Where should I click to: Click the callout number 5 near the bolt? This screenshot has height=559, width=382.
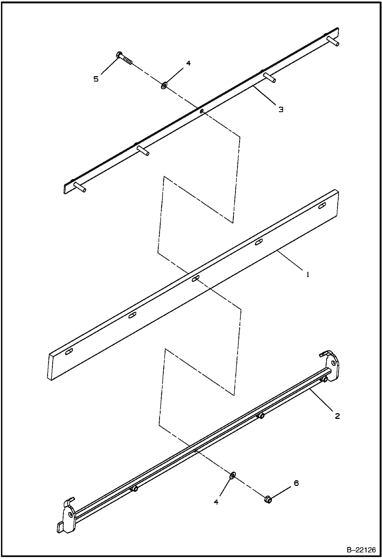96,79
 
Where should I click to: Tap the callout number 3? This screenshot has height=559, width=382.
281,110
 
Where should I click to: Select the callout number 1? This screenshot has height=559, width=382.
308,274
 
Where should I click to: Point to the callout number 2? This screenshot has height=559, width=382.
337,416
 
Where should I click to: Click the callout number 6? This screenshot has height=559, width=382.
296,483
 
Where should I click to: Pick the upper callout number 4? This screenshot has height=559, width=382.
188,63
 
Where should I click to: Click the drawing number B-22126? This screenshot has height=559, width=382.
361,550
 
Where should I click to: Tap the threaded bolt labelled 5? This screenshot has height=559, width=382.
124,58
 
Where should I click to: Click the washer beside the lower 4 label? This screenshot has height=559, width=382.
233,475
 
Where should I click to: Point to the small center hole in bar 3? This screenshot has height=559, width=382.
201,111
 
